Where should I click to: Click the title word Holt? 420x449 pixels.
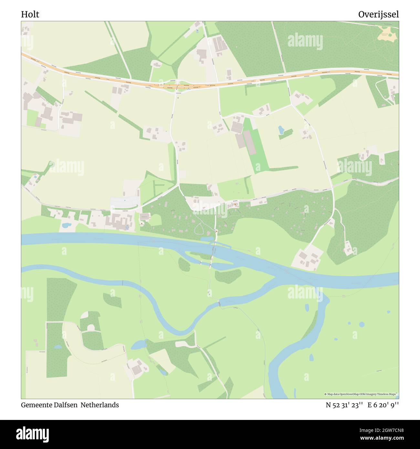point(30,15)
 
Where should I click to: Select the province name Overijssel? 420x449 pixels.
point(378,15)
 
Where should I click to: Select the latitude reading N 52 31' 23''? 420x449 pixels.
point(344,405)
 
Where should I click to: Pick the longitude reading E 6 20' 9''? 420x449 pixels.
point(383,405)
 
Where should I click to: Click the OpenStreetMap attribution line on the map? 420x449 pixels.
point(361,394)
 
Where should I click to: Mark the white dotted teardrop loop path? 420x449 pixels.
point(199,227)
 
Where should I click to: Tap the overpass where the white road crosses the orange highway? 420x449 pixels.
point(177,87)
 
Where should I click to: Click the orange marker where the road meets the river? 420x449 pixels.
point(216,231)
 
